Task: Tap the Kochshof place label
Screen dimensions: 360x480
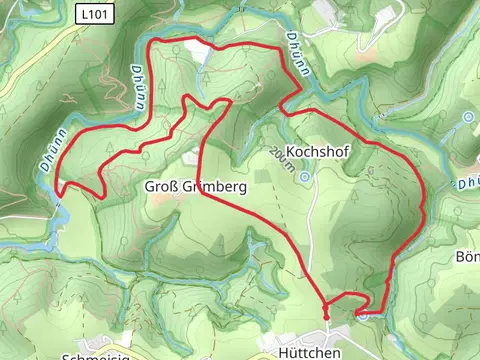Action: click(316, 151)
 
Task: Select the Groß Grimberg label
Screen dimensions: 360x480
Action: click(195, 187)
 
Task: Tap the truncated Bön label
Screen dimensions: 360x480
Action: click(467, 257)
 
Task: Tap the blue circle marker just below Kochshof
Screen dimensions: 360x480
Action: click(305, 176)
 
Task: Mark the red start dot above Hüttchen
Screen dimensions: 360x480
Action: click(326, 317)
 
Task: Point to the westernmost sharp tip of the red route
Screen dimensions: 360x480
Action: click(57, 187)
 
